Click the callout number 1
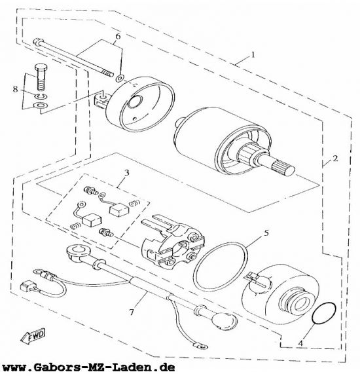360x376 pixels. tap(253, 54)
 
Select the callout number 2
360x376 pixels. tap(335, 159)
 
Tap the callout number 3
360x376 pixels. tap(127, 173)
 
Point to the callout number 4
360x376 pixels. tap(300, 343)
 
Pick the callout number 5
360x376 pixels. tap(266, 233)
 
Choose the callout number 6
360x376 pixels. tap(118, 37)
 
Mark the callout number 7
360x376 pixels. tap(132, 312)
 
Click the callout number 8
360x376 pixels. tap(15, 90)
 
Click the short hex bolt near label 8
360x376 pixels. tap(41, 77)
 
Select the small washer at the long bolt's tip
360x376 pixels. tap(120, 78)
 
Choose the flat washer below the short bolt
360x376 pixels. tap(41, 105)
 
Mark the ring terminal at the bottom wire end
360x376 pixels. tap(200, 346)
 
